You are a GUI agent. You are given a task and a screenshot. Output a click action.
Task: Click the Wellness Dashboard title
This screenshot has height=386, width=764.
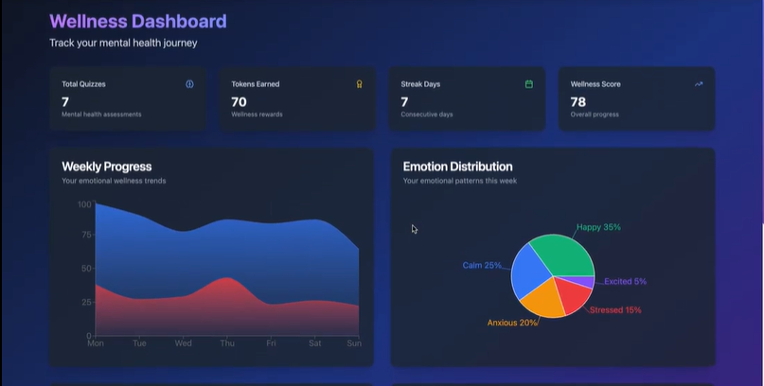(x=137, y=21)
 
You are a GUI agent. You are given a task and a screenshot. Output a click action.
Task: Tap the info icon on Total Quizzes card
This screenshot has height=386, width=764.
(x=189, y=84)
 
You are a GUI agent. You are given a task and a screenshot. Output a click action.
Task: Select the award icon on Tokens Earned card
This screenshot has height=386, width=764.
(x=359, y=84)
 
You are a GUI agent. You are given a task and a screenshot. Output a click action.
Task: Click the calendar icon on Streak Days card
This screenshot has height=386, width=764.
(x=528, y=84)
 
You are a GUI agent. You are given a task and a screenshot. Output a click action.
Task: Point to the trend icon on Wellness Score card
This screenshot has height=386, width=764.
(x=699, y=84)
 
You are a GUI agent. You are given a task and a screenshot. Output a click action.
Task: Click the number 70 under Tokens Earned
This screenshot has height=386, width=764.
(x=239, y=101)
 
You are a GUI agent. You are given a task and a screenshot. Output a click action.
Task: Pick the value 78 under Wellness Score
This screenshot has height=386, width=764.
(x=577, y=101)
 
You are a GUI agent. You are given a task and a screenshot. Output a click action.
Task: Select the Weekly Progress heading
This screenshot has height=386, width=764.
(x=106, y=167)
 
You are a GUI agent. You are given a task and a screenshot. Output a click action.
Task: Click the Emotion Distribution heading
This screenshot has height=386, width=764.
(x=457, y=167)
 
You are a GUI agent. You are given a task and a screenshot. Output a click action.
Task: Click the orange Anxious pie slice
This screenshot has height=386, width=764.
(x=544, y=301)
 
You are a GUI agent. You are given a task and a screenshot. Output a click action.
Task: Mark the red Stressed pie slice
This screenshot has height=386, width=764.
(x=573, y=296)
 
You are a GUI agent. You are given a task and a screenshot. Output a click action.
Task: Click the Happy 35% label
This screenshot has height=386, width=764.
(x=598, y=227)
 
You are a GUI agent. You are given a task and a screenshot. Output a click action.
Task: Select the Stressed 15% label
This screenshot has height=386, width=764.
(x=615, y=310)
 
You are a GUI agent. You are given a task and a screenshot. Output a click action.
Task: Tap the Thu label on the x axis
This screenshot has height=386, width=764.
(x=227, y=343)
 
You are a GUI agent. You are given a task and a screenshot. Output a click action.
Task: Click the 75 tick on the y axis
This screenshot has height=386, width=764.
(x=85, y=235)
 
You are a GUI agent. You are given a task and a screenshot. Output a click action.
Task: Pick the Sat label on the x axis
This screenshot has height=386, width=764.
(x=314, y=343)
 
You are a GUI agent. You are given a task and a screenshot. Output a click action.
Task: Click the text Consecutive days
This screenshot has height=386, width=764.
(x=426, y=114)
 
